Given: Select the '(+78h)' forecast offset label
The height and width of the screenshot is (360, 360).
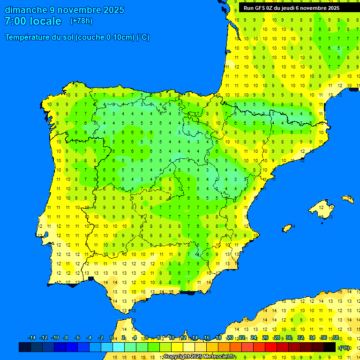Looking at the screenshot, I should [81, 21].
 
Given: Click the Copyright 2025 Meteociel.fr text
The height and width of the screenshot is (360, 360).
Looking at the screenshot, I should [200, 357].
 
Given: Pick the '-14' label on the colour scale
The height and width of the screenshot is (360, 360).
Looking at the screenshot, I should [32, 338].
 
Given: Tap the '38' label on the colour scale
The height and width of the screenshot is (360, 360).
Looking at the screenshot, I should [336, 338].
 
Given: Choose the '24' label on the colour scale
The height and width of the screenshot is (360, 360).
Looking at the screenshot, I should [254, 338].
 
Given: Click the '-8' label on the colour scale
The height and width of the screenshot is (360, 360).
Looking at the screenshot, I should [66, 338].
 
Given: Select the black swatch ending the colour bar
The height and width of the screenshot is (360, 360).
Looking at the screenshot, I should [330, 347].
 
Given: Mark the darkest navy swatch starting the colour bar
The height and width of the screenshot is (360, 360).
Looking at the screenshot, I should [25, 347].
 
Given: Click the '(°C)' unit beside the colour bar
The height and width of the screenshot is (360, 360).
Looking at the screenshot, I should [345, 348].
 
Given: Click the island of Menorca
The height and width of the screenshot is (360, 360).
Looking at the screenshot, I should [348, 199].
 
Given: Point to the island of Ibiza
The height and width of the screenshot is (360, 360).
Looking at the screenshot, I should [286, 228].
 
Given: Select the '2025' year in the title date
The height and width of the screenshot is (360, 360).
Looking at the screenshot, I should [113, 10].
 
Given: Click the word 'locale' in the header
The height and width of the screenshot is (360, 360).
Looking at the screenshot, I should [45, 21].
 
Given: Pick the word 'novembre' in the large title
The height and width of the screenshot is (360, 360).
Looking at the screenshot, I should [78, 10].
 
